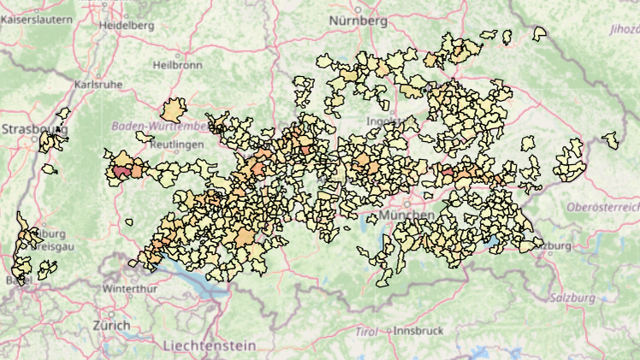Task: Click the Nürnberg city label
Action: pos(359,20)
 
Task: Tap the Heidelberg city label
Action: pos(127,26)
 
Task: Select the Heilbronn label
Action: pos(176,65)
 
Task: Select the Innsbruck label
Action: pos(418,331)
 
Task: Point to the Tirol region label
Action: pos(366,331)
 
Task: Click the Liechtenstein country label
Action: pos(209,345)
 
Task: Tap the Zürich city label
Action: pos(111,326)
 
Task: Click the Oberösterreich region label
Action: pos(603,208)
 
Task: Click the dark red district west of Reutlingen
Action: pos(121,171)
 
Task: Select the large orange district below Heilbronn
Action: pos(174,110)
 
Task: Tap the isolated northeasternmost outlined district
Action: pos(539,33)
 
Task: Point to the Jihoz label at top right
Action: pos(623,29)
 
